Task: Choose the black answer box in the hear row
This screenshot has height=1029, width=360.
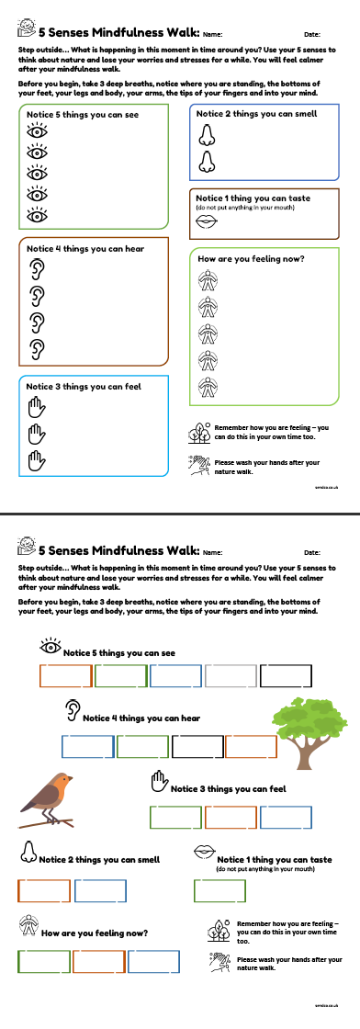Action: click(197, 747)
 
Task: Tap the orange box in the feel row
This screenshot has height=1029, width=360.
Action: click(231, 817)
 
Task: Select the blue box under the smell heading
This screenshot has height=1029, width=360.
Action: click(100, 890)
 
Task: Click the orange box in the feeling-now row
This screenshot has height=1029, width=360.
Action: click(98, 961)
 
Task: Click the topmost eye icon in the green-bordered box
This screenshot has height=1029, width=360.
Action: click(37, 132)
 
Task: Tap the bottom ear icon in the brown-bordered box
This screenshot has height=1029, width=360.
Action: click(37, 348)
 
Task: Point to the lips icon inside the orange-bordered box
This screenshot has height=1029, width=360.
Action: click(207, 220)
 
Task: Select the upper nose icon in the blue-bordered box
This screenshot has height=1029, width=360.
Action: click(207, 134)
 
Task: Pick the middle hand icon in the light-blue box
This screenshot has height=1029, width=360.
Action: click(37, 431)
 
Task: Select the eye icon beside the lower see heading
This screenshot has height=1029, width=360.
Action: click(49, 648)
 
